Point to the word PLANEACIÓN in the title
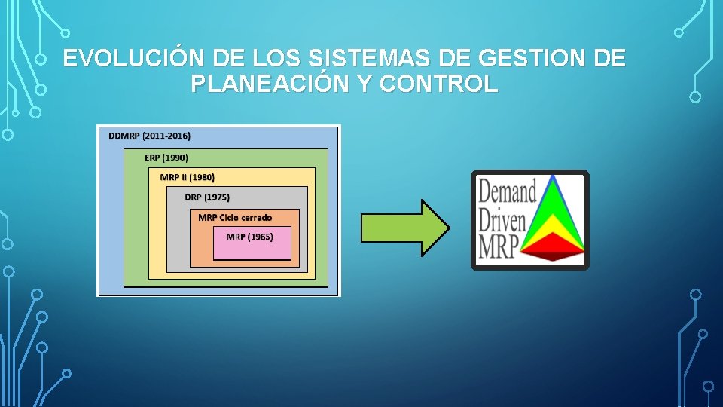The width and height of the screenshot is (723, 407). pos(269,84)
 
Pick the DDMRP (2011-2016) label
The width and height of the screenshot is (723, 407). pos(150,136)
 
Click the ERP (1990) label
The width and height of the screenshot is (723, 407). pos(166,158)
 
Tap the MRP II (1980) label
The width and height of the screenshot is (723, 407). pos(188,177)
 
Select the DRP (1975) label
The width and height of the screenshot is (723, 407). pos(207,197)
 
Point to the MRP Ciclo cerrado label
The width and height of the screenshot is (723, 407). pos(235,218)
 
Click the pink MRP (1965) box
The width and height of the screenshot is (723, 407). pos(252,243)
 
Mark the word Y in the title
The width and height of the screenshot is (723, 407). pos(364,84)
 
